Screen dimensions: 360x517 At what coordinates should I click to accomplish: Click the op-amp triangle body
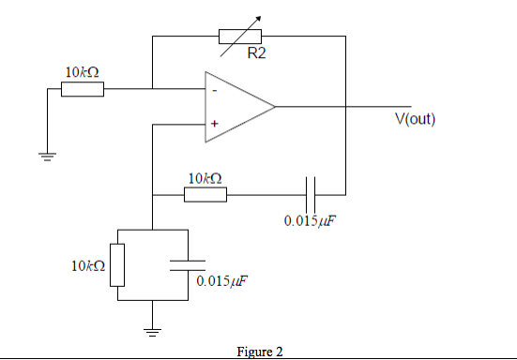[235, 106]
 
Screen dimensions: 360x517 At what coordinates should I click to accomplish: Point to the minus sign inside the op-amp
[214, 91]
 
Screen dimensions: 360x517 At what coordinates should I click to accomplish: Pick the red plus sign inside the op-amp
[214, 123]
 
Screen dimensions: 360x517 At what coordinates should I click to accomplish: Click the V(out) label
[414, 119]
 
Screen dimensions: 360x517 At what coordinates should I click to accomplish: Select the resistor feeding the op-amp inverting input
[82, 90]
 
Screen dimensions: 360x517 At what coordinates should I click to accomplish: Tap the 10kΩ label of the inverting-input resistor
[82, 72]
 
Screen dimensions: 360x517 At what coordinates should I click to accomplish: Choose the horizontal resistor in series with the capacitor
[205, 195]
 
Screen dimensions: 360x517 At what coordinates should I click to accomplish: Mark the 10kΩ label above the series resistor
[205, 178]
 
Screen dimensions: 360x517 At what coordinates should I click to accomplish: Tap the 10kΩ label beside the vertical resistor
[86, 266]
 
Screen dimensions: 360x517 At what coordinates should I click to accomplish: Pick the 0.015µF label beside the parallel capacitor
[222, 280]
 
